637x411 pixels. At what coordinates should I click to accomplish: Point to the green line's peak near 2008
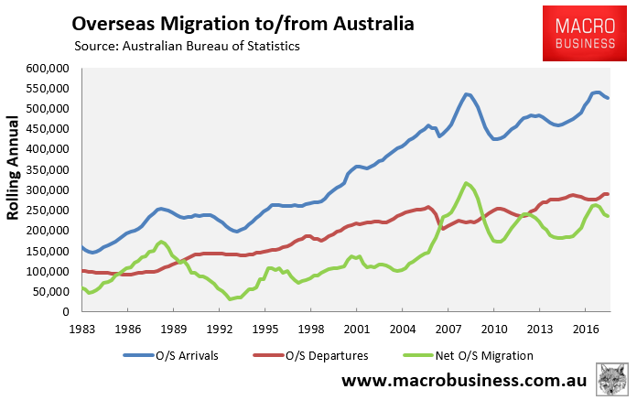click(467, 183)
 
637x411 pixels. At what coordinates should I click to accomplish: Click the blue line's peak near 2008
click(467, 94)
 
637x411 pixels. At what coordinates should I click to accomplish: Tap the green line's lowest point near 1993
click(232, 299)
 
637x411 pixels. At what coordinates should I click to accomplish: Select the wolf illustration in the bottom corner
click(612, 380)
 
